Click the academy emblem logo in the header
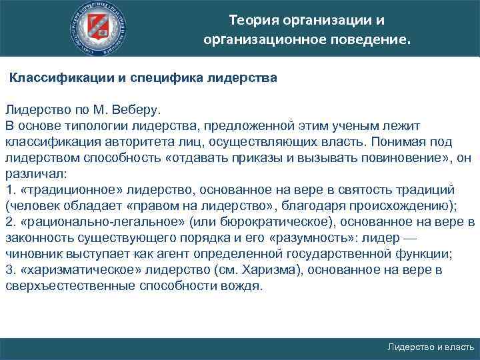(99, 28)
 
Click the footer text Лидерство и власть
(431, 347)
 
